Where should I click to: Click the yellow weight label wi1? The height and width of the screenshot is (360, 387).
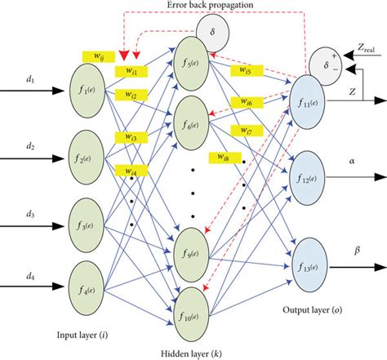click(131, 72)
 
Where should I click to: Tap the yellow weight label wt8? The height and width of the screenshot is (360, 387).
click(223, 156)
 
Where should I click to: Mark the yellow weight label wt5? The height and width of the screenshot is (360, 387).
click(244, 70)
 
